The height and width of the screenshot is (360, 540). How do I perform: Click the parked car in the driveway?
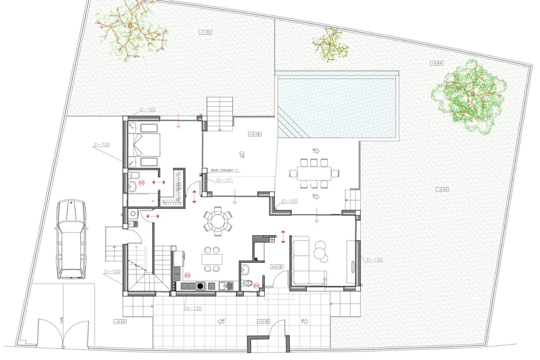click(71, 239)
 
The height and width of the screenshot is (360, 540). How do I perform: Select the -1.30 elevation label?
click(205, 32)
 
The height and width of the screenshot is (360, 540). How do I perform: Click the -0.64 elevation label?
click(436, 63)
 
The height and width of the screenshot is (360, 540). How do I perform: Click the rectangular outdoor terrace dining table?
click(314, 173)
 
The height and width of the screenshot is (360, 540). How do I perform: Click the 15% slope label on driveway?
click(62, 320)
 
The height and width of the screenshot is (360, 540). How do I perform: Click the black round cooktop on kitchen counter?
click(200, 286)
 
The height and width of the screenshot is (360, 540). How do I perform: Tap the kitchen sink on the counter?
click(226, 286)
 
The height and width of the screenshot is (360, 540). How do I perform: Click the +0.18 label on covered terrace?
click(255, 134)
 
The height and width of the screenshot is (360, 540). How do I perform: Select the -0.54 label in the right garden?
click(442, 189)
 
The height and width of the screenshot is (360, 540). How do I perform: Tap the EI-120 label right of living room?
click(375, 260)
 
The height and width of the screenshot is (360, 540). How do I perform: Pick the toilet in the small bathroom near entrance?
click(248, 283)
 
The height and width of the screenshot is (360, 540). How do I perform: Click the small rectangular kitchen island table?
click(212, 259)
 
